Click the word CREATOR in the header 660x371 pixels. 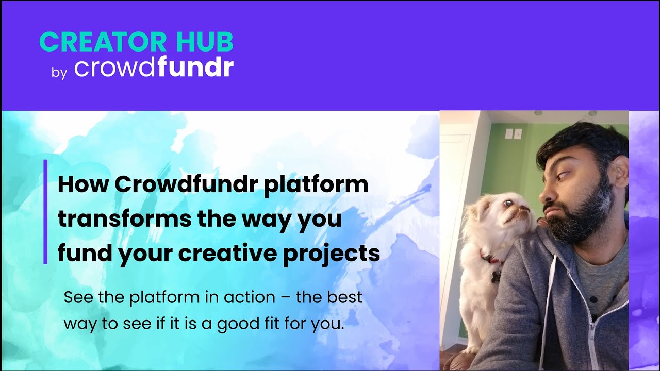[103, 42]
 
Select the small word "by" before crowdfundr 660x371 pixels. [59, 73]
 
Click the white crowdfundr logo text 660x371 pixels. [154, 67]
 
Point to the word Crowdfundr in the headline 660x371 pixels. [186, 184]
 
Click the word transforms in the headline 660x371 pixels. [124, 219]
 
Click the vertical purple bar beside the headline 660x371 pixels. [45, 212]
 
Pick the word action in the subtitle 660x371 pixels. [250, 297]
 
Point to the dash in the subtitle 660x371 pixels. [286, 298]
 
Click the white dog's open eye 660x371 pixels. [507, 203]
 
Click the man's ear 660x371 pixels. [621, 172]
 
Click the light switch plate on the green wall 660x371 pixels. [514, 133]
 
